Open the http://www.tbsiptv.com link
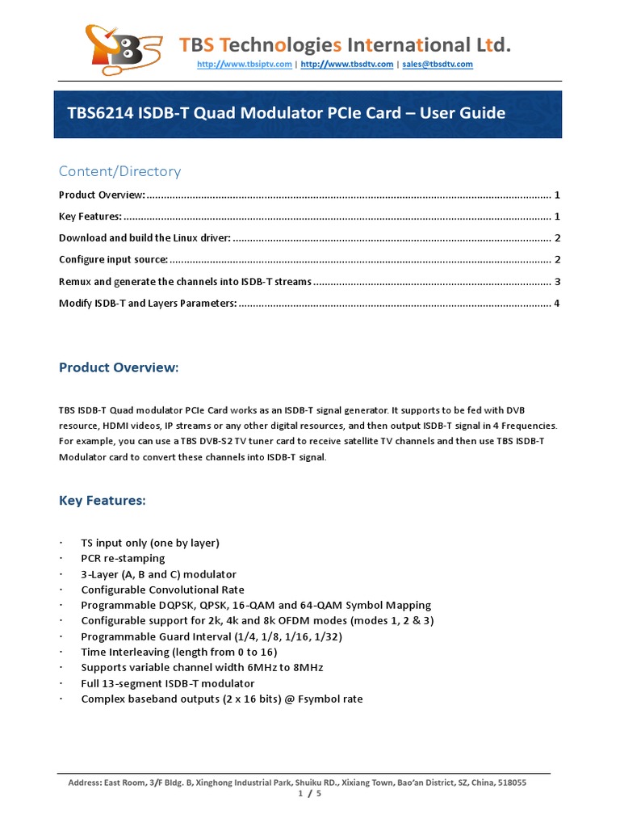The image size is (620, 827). point(244,65)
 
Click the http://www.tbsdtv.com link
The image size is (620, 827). point(346,65)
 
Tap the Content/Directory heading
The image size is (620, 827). point(119,171)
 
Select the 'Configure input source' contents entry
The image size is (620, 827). point(114,259)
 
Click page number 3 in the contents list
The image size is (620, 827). point(557,281)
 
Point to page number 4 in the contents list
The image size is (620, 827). point(557,303)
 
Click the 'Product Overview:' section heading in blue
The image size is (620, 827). point(118,368)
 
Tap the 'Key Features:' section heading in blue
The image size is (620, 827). point(102,501)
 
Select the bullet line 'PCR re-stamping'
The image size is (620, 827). point(123,558)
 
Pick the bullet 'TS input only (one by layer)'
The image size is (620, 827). point(150,543)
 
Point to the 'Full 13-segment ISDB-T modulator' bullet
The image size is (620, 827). point(168,683)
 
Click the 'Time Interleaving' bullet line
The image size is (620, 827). point(179,652)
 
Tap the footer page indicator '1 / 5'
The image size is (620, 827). point(310,794)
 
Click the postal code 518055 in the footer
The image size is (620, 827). point(510,783)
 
